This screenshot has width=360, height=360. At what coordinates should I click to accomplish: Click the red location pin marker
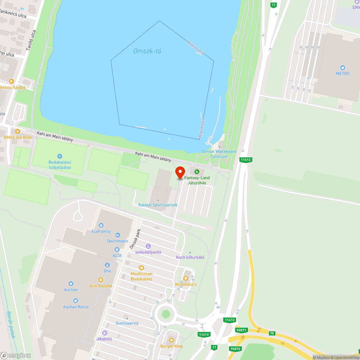click(180, 172)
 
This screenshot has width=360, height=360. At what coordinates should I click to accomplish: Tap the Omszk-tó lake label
click(147, 51)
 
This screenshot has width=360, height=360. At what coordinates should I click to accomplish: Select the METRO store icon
click(342, 67)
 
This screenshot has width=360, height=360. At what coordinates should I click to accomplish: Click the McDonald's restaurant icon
click(186, 278)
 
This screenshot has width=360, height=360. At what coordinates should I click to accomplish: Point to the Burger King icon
click(171, 340)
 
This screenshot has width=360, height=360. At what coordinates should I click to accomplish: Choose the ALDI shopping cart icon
click(117, 249)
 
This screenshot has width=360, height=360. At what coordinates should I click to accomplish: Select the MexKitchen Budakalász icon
click(141, 268)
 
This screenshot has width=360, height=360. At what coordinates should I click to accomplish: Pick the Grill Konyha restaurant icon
click(101, 280)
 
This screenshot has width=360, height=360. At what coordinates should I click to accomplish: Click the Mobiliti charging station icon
click(105, 333)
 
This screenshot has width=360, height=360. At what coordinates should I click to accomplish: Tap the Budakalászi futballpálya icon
click(60, 156)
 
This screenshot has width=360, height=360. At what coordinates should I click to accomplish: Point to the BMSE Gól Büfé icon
click(17, 131)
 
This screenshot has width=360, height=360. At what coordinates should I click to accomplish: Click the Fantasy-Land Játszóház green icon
click(197, 172)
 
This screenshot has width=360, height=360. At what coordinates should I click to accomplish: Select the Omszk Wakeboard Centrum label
click(219, 154)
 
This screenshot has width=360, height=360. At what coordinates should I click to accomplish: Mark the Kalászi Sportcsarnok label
click(158, 205)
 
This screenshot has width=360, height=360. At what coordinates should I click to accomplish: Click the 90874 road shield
click(236, 348)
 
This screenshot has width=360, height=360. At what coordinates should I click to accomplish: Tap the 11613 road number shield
click(204, 334)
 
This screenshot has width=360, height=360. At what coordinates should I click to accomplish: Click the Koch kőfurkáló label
click(190, 257)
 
